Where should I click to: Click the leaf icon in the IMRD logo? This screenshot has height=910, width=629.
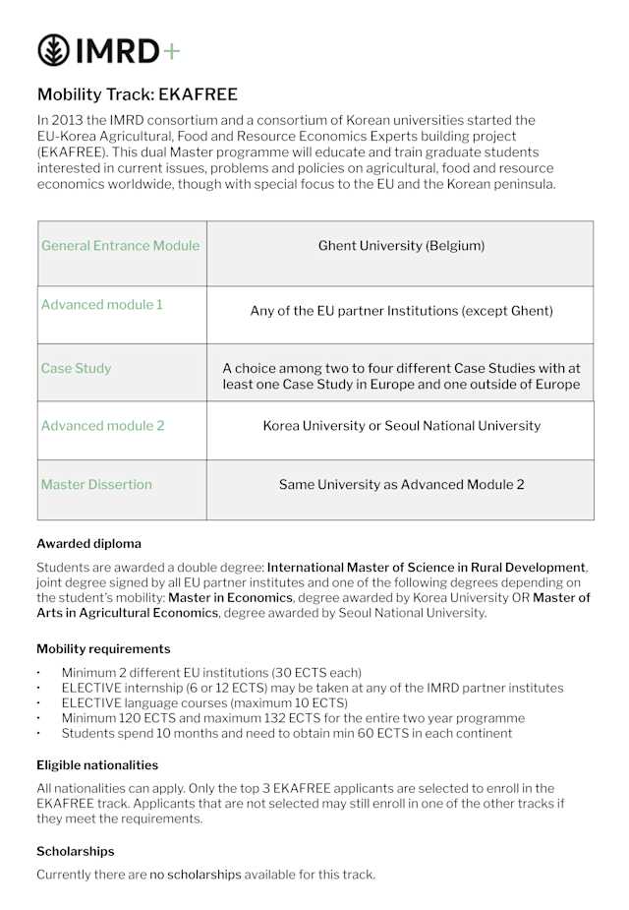pyautogui.click(x=53, y=50)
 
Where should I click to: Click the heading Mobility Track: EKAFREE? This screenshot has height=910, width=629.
pyautogui.click(x=137, y=95)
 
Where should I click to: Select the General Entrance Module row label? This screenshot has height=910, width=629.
pyautogui.click(x=120, y=246)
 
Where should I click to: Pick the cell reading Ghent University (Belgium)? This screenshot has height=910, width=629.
pyautogui.click(x=401, y=246)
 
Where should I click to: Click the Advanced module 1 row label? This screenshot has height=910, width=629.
pyautogui.click(x=102, y=305)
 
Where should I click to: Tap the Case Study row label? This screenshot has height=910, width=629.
pyautogui.click(x=76, y=369)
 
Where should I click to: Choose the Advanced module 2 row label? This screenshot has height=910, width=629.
pyautogui.click(x=102, y=426)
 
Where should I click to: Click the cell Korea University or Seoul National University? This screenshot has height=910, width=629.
pyautogui.click(x=401, y=426)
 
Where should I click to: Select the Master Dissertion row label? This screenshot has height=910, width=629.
pyautogui.click(x=96, y=485)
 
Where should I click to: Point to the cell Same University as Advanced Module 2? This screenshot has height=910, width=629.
pyautogui.click(x=401, y=485)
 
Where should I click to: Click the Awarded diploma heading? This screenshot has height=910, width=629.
pyautogui.click(x=88, y=544)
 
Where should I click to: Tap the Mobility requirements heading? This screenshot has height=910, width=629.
pyautogui.click(x=103, y=649)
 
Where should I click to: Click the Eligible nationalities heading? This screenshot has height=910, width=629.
pyautogui.click(x=97, y=765)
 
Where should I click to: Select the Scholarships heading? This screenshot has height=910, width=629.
pyautogui.click(x=76, y=852)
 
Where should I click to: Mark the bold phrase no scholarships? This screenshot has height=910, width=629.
pyautogui.click(x=196, y=875)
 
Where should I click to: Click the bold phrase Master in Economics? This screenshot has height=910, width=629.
pyautogui.click(x=230, y=598)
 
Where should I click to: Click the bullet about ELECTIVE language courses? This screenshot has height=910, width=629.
pyautogui.click(x=204, y=703)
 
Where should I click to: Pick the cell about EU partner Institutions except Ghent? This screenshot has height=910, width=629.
pyautogui.click(x=401, y=312)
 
